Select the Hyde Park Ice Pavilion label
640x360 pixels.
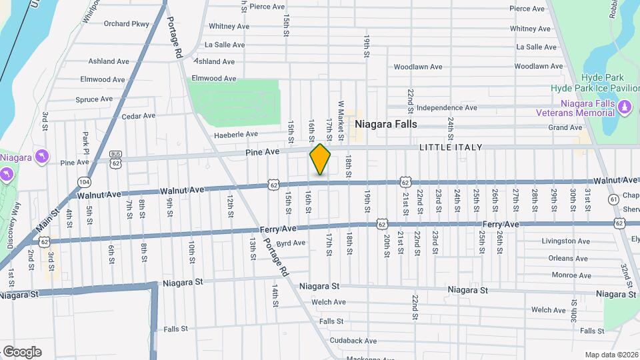point(595,88)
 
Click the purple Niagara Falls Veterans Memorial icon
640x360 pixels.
point(625,106)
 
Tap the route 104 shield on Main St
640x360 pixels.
point(83,181)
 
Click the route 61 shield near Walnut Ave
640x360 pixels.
point(613,199)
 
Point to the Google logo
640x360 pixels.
point(21,351)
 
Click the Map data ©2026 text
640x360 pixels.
point(611,355)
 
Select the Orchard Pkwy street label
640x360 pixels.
point(127,23)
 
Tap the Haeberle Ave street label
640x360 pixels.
point(235,134)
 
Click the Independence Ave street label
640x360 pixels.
point(447,107)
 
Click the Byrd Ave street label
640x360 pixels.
point(290,243)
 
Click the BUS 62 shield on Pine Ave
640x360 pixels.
point(116,158)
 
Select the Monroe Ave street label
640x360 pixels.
point(552,275)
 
